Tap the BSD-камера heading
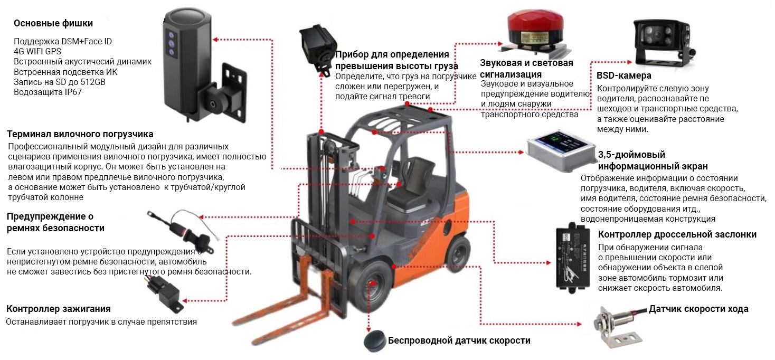pyautogui.click(x=624, y=75)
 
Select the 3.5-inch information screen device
pyautogui.click(x=561, y=151)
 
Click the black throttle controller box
pyautogui.click(x=573, y=258)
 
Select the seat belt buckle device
pyautogui.click(x=183, y=230)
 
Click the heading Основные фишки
pyautogui.click(x=53, y=24)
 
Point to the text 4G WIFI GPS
pyautogui.click(x=37, y=52)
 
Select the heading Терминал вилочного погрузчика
pyautogui.click(x=80, y=134)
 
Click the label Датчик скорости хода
pyautogui.click(x=698, y=309)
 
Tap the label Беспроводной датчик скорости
pyautogui.click(x=459, y=340)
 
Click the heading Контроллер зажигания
pyautogui.click(x=59, y=309)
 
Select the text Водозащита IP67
pyautogui.click(x=48, y=92)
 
